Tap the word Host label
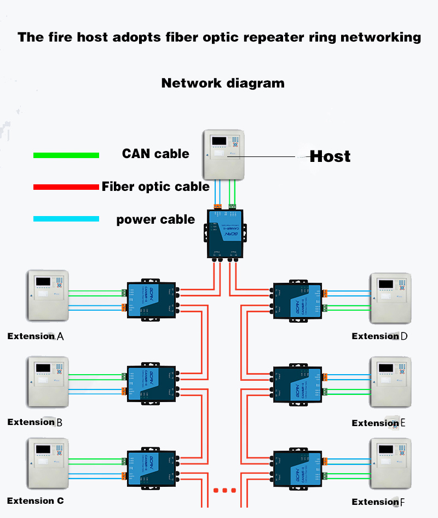pos(330,156)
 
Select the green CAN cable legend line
pos(66,155)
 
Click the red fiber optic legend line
pos(66,187)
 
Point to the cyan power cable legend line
pos(66,219)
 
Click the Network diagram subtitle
pos(223,83)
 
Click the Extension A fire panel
pos(48,296)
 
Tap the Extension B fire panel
pos(48,382)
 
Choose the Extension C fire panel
pos(48,463)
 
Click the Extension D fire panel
pos(390,299)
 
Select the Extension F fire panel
pos(390,464)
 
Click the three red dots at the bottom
pos(224,490)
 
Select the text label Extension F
pos(378,502)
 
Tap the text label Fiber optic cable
pos(155,187)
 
